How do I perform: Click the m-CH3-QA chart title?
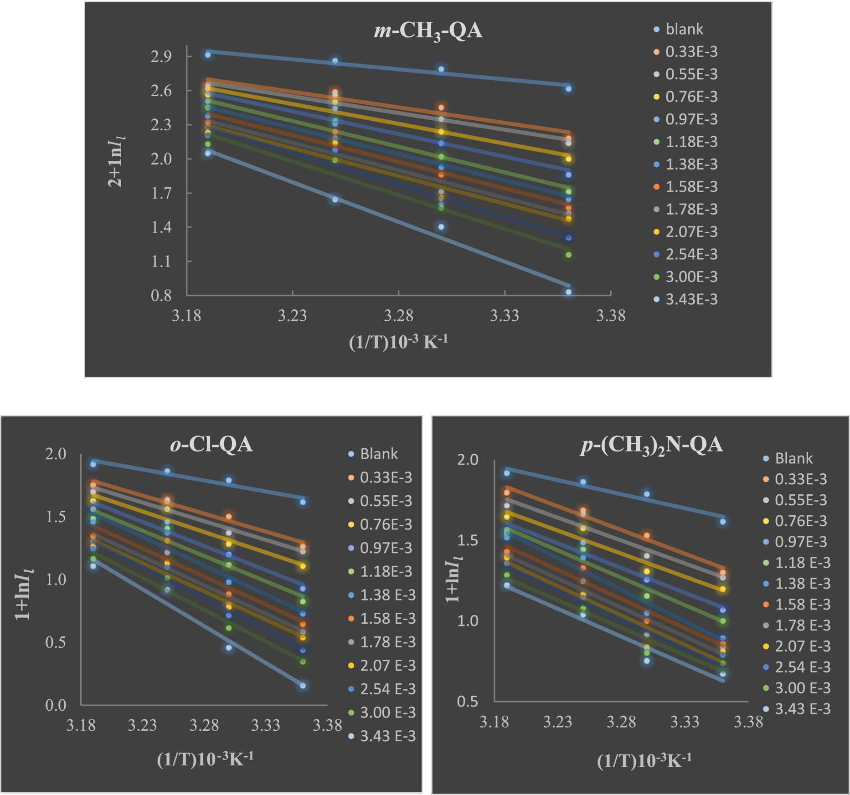428,31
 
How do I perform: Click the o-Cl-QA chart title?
211,444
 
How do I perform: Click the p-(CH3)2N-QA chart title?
651,445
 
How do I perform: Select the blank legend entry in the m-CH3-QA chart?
684,29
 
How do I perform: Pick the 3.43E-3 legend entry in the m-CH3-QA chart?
691,299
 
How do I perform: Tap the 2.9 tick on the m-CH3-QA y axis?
161,56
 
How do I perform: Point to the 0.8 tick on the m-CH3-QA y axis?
161,296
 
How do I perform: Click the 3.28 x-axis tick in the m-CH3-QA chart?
398,316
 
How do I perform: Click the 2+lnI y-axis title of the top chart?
115,162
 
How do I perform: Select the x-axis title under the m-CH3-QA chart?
398,342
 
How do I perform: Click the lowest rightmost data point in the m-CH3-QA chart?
568,292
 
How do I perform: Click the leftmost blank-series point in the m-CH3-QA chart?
208,55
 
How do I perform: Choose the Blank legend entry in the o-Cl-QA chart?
378,454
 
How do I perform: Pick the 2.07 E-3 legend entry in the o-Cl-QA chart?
387,666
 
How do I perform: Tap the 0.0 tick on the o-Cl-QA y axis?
56,705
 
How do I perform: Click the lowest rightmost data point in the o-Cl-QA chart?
303,685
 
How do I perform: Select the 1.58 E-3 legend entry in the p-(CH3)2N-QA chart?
802,605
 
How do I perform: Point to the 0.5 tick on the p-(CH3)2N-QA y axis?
468,701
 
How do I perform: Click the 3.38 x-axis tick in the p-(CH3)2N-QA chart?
748,722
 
